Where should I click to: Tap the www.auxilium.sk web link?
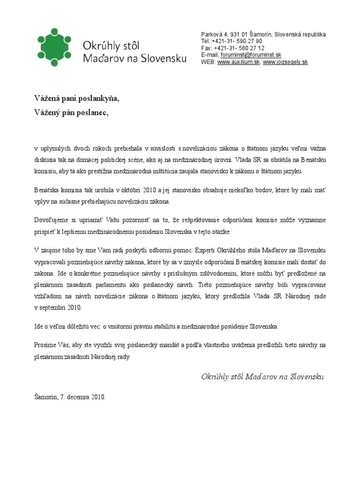point(239,62)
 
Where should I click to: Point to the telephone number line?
point(232,41)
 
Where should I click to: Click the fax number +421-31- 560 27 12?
point(239,48)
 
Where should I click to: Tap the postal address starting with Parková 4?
point(263,35)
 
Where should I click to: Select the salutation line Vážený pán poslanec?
point(71,112)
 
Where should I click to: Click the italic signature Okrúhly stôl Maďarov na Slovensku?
point(262,377)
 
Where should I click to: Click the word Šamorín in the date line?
point(46,397)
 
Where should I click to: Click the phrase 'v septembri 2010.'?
point(58,307)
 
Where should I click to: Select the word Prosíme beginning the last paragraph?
point(45,345)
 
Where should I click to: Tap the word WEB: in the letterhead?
point(208,62)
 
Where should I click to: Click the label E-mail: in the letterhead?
point(210,55)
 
